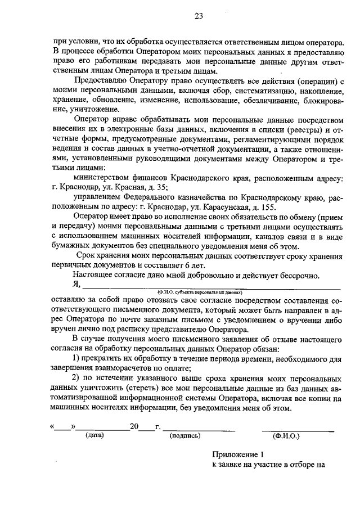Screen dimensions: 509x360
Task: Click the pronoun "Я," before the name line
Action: click(x=78, y=285)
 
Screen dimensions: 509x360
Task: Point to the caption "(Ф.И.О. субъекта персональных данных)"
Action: click(x=200, y=293)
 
